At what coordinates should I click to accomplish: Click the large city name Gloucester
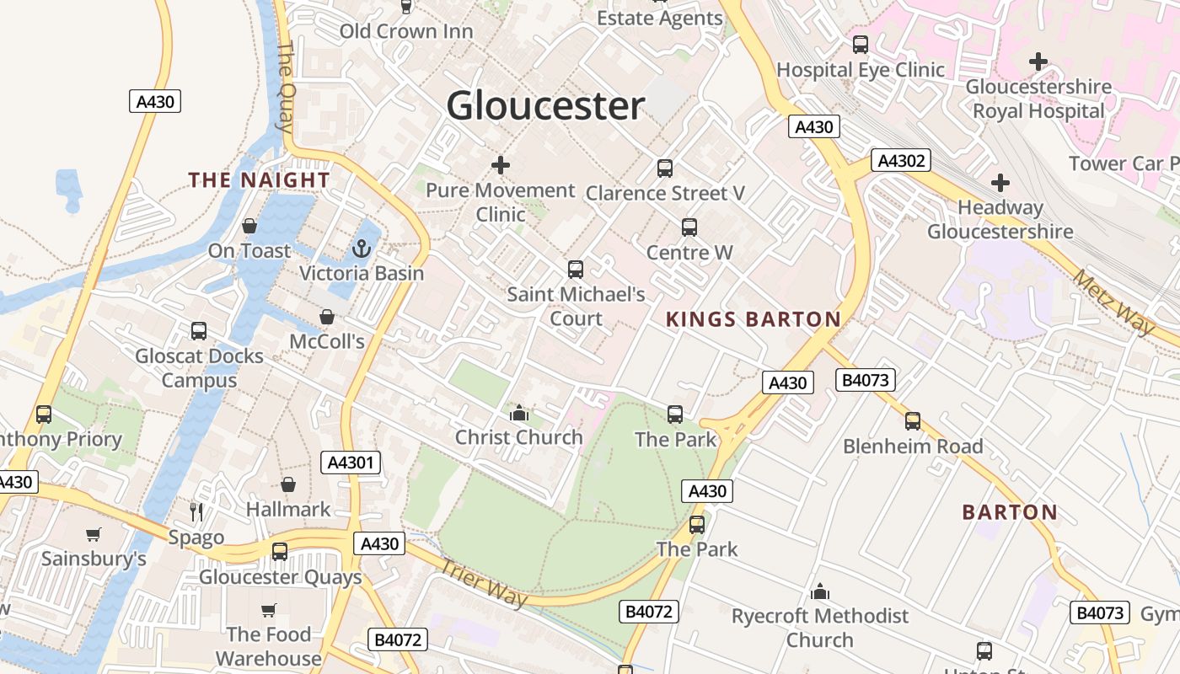(x=545, y=106)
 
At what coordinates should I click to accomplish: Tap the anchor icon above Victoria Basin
(x=362, y=249)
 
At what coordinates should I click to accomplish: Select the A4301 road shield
(x=351, y=463)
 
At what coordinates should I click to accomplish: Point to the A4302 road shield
(x=901, y=160)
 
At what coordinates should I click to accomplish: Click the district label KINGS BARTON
(x=754, y=319)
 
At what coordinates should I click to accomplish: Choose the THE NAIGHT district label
(x=259, y=180)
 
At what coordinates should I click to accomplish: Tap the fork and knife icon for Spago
(x=196, y=511)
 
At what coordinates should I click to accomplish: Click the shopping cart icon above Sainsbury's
(x=94, y=534)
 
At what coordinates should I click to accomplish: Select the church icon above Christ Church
(x=519, y=413)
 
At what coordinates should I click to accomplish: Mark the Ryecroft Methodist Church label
(x=820, y=628)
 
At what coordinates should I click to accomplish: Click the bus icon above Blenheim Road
(x=913, y=420)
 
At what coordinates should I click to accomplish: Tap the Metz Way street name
(x=1113, y=302)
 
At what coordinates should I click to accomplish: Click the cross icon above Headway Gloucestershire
(x=1000, y=182)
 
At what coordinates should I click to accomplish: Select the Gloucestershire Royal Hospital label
(x=1038, y=99)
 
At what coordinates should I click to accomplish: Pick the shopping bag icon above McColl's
(x=327, y=317)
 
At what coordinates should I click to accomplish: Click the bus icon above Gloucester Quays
(x=280, y=552)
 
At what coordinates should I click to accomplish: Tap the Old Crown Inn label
(x=406, y=31)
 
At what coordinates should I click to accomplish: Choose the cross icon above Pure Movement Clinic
(x=501, y=165)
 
